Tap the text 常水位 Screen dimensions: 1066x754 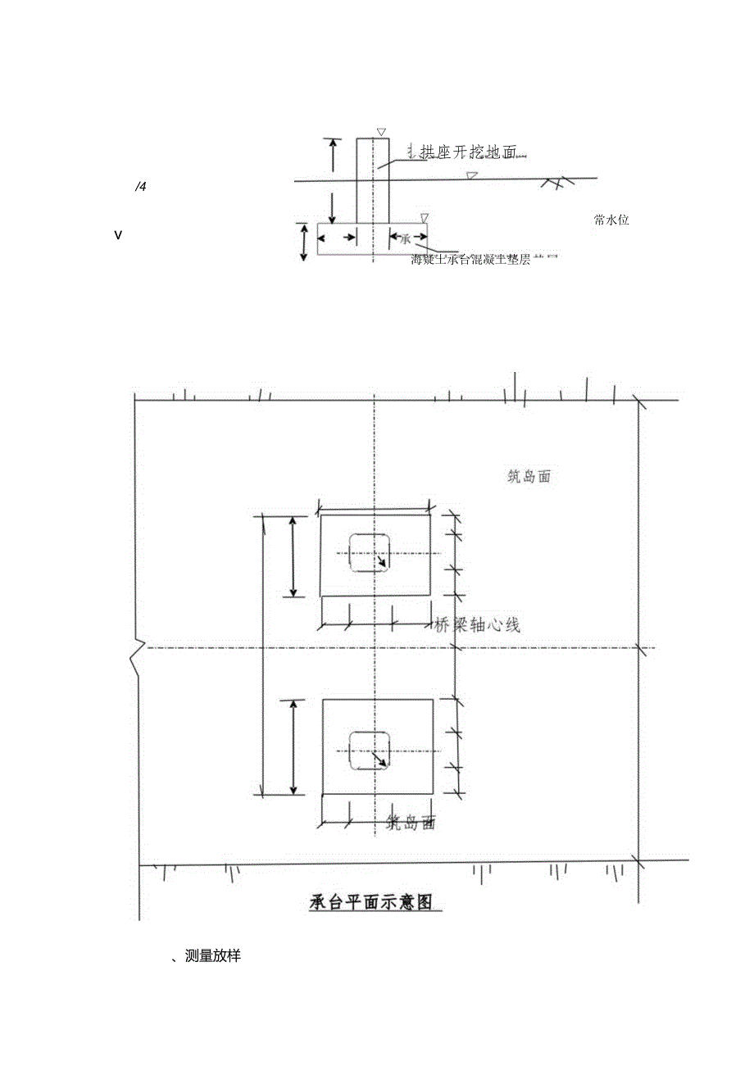[611, 220]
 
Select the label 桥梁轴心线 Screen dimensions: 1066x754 [477, 625]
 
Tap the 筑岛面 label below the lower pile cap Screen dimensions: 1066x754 [410, 823]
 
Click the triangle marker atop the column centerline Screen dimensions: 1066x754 [380, 132]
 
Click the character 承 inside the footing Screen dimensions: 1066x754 [404, 238]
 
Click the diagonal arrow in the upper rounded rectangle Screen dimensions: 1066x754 [381, 564]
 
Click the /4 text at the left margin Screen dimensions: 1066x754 [140, 188]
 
